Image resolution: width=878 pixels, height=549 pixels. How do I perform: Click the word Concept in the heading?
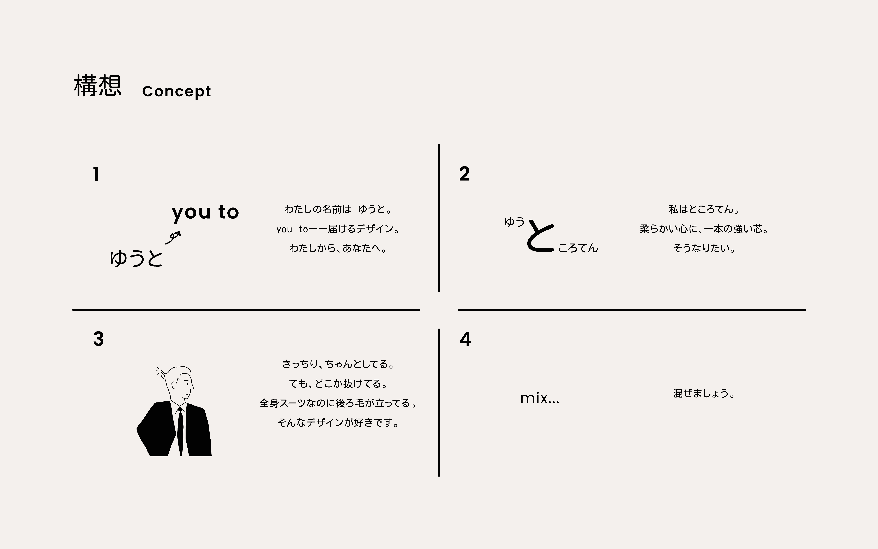click(176, 91)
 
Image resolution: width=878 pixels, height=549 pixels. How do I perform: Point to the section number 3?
click(98, 339)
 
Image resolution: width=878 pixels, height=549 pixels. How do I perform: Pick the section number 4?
click(465, 340)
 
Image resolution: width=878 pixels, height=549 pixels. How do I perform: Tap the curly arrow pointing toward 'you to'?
click(173, 237)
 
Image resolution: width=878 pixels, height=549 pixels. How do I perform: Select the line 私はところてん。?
click(704, 209)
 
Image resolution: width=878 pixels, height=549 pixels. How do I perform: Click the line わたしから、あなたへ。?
click(338, 248)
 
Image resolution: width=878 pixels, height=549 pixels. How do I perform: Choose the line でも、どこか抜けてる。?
click(338, 384)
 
